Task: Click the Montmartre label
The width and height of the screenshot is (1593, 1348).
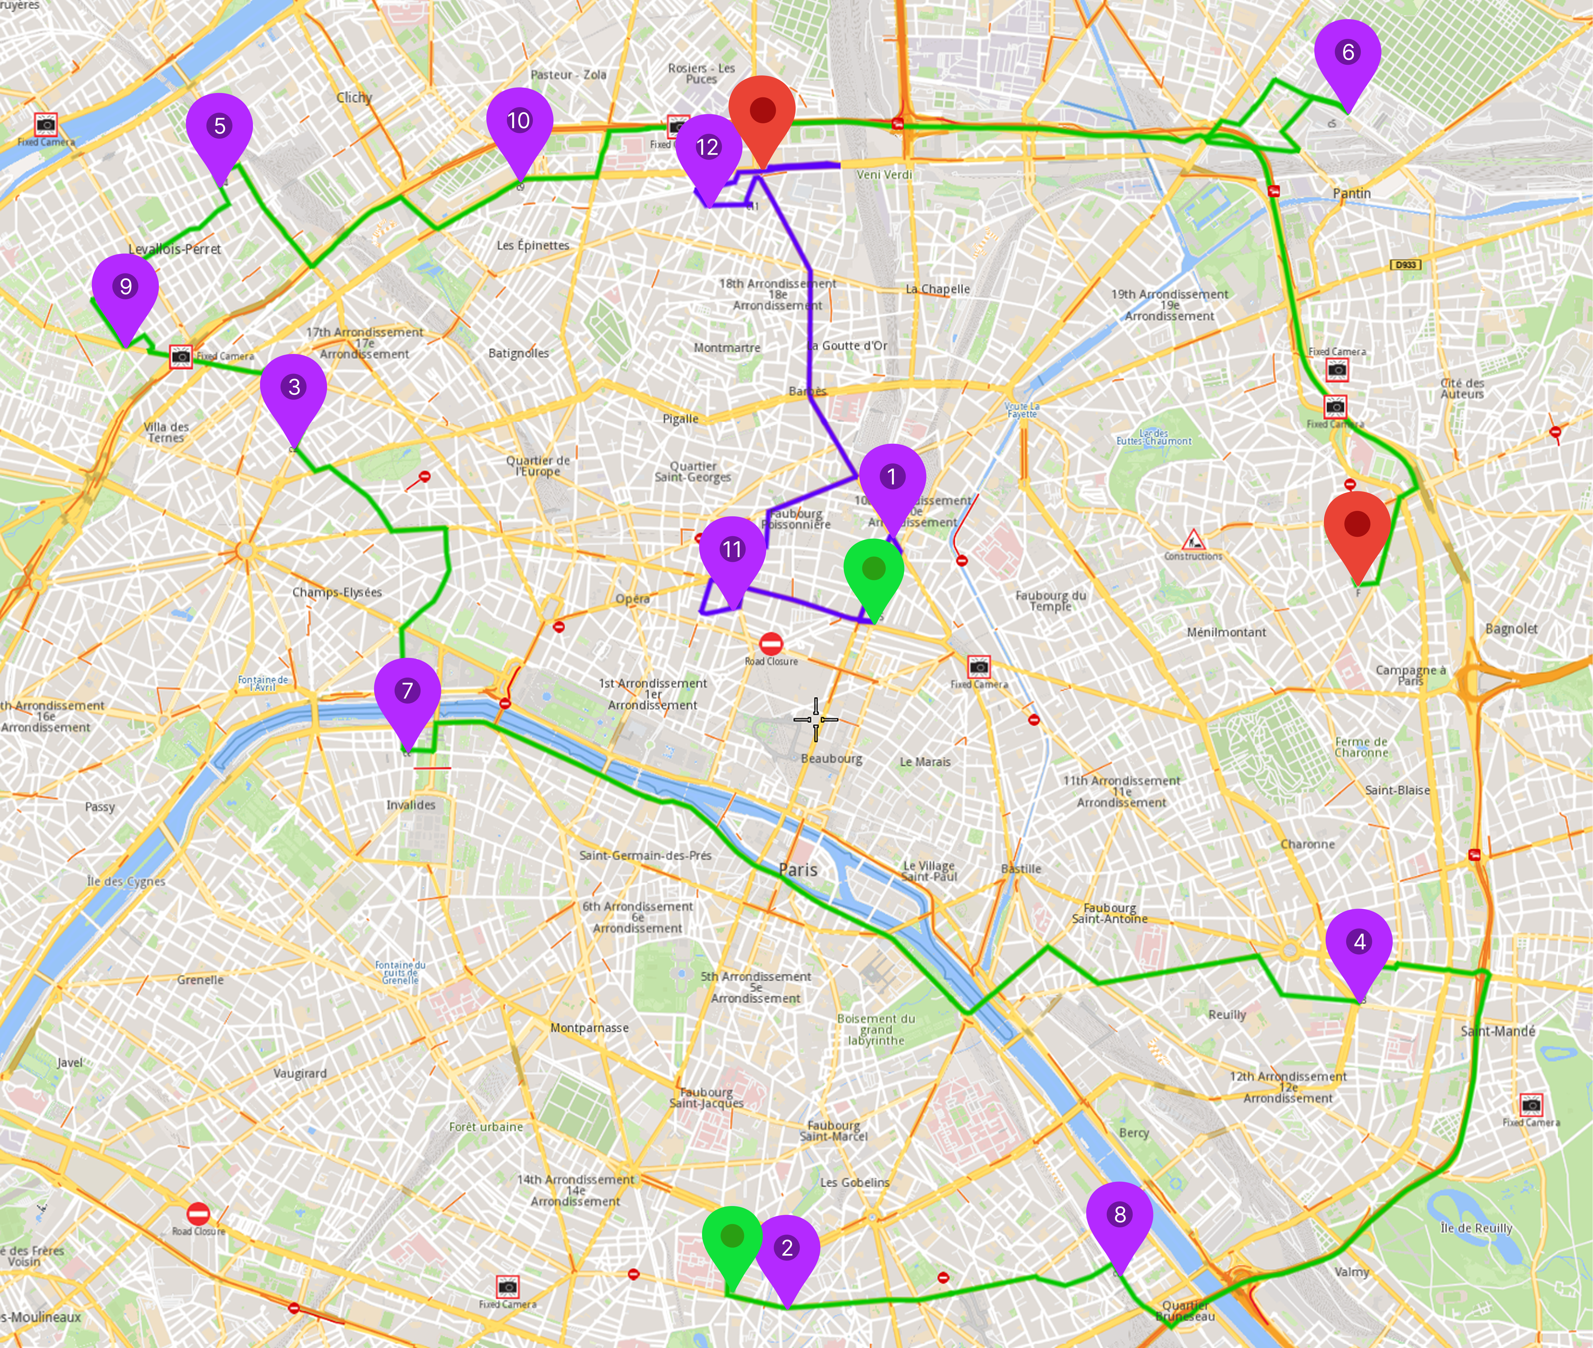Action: coord(727,348)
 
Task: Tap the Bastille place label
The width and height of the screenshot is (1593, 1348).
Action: coord(1020,869)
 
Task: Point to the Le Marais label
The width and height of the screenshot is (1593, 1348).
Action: coord(925,762)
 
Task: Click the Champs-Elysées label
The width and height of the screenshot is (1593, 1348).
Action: coord(337,592)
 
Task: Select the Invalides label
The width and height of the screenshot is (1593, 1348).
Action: coord(410,805)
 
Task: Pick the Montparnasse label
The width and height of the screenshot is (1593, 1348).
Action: coord(589,1028)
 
